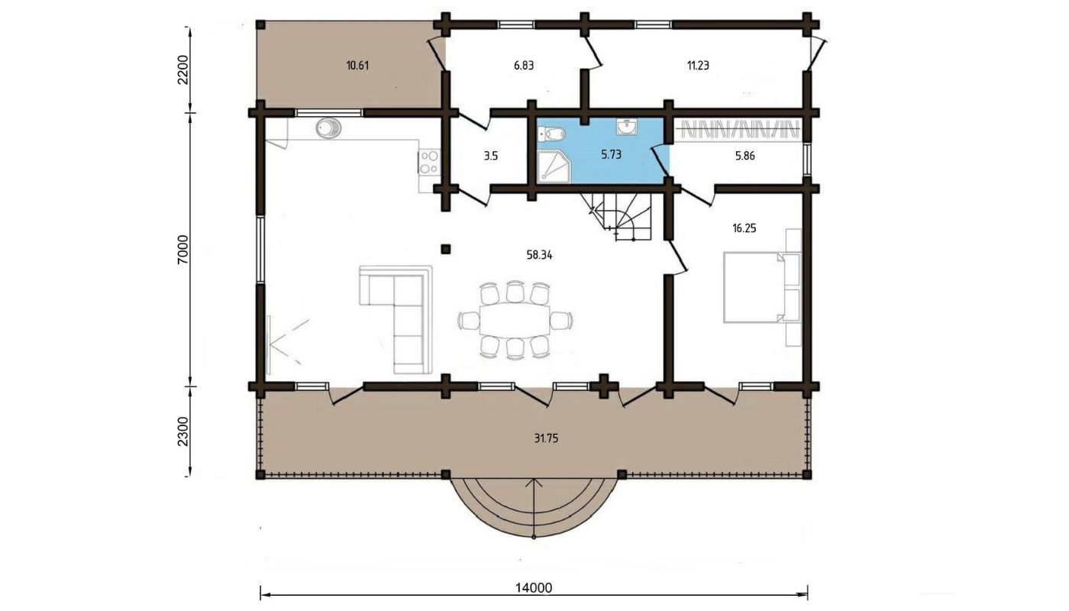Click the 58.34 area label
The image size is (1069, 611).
click(x=539, y=255)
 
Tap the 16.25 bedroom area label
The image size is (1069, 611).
click(x=744, y=228)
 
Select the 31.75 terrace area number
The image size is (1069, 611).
click(x=546, y=438)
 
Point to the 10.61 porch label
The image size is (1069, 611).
click(x=357, y=66)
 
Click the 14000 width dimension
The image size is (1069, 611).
click(x=534, y=587)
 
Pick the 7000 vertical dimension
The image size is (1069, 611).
click(x=184, y=249)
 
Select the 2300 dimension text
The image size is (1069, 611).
click(x=184, y=432)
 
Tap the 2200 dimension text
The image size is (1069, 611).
click(x=184, y=70)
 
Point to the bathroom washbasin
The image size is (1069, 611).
click(x=626, y=127)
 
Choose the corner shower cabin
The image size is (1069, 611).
click(x=554, y=167)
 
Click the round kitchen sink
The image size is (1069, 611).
click(x=328, y=128)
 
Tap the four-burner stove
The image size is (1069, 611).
click(x=429, y=162)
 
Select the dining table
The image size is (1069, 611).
click(x=515, y=321)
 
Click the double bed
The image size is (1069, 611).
click(x=754, y=287)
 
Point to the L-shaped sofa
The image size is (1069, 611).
click(x=396, y=319)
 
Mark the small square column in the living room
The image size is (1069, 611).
click(x=446, y=249)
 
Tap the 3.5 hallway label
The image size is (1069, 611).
click(x=490, y=156)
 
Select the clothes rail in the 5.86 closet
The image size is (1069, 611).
click(x=739, y=129)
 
